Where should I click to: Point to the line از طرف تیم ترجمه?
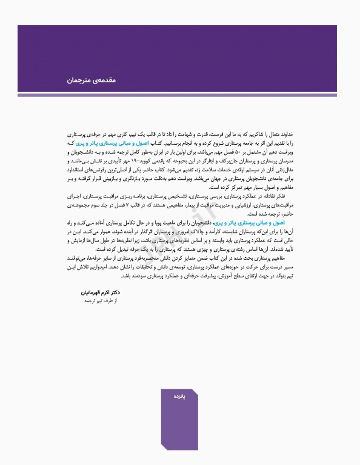(x=90, y=300)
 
